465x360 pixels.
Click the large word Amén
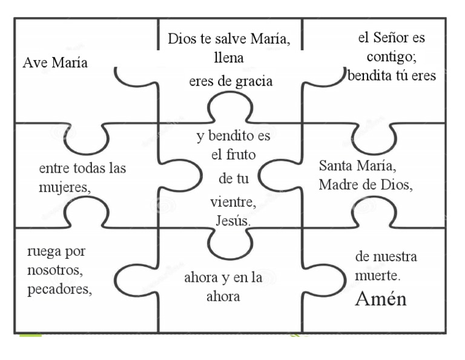(x=380, y=299)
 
